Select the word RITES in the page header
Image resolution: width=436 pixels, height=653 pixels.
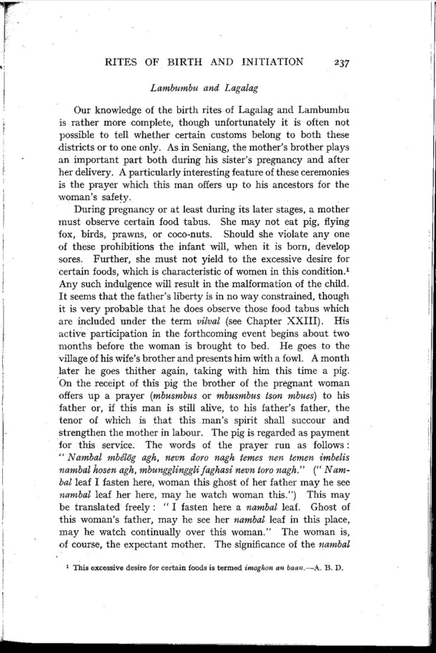[123, 61]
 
